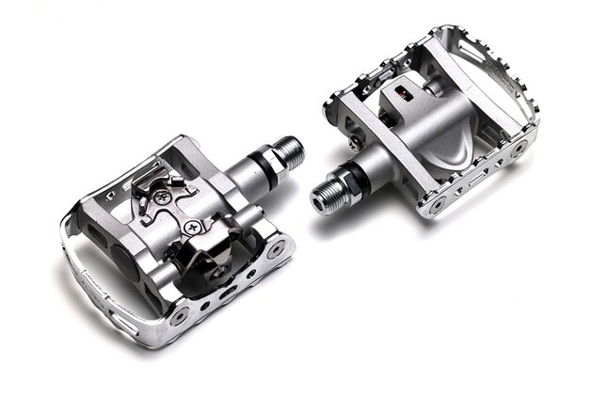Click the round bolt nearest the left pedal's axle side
(x=275, y=250)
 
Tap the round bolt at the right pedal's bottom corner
(x=435, y=199)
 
